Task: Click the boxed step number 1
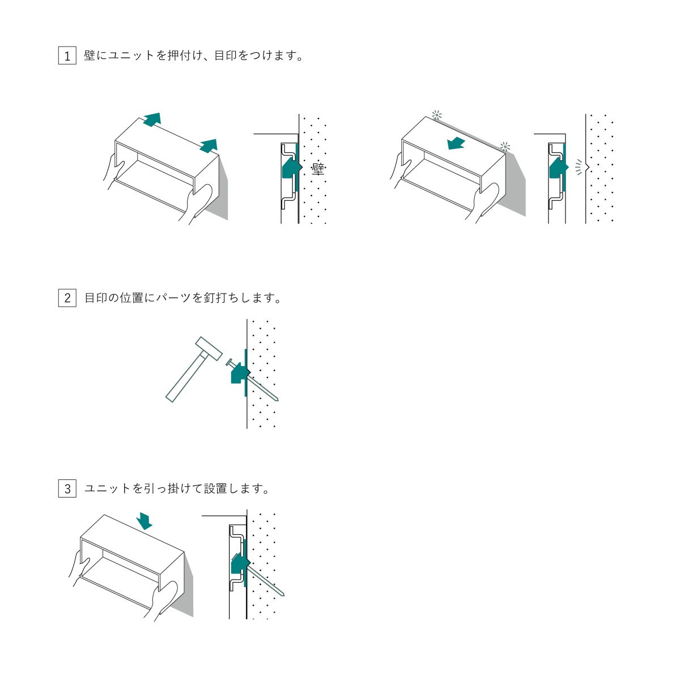pos(67,56)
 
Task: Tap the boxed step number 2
pos(67,298)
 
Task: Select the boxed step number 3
pos(67,488)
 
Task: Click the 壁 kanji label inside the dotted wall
pos(318,169)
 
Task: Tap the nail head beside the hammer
pos(229,363)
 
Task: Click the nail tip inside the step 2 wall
pos(277,400)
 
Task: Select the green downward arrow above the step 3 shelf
pos(144,521)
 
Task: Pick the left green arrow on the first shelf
pos(152,119)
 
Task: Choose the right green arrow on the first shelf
pos(209,146)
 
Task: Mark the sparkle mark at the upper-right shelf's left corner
pos(436,115)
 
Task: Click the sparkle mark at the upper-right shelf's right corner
pos(505,146)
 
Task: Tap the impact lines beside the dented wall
pos(579,167)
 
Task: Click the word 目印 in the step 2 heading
pos(96,298)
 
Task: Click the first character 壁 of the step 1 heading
pos(90,56)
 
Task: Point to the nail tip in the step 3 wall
pos(283,595)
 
